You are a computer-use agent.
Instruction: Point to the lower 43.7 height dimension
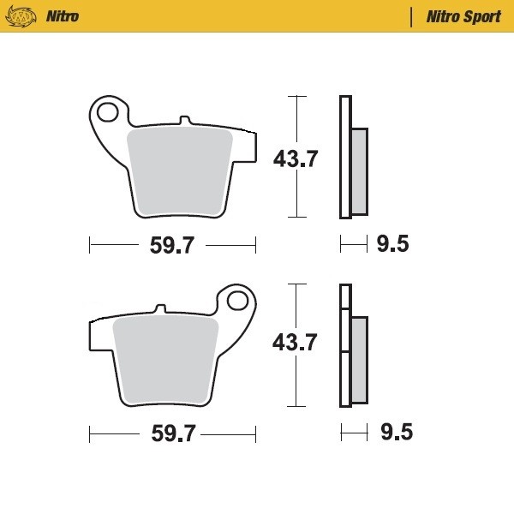(x=295, y=343)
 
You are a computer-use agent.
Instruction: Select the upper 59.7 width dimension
(x=172, y=246)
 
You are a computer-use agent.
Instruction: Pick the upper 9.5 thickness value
(x=392, y=245)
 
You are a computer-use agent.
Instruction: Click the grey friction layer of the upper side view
(x=359, y=171)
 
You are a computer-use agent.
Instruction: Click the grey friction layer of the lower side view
(x=359, y=360)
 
